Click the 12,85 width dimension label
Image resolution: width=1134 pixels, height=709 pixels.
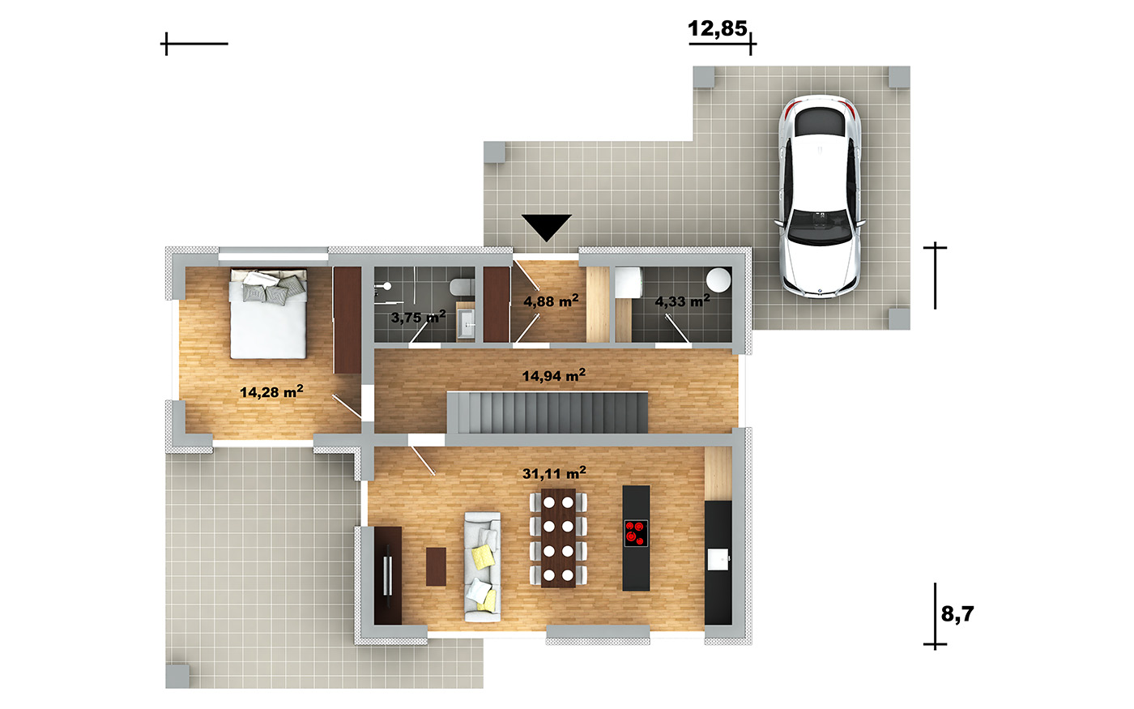(x=717, y=29)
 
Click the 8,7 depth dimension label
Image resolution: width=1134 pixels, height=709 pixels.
(x=957, y=614)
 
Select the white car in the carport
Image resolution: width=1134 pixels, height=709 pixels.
(x=820, y=195)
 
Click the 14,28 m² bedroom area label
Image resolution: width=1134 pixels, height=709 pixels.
(x=271, y=391)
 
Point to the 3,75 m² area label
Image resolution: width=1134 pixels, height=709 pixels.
(x=418, y=317)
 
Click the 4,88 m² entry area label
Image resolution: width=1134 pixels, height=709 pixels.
(x=551, y=301)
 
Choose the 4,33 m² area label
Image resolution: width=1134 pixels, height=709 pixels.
(x=682, y=301)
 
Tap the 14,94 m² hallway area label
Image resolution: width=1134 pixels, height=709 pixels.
(x=554, y=375)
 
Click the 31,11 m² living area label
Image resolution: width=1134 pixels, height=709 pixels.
(x=554, y=473)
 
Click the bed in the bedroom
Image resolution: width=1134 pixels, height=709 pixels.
(x=268, y=314)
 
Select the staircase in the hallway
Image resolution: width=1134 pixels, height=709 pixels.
(x=548, y=412)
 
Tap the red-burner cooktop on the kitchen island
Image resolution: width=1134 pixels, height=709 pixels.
(x=636, y=533)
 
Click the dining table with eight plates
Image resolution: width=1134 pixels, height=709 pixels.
(x=558, y=538)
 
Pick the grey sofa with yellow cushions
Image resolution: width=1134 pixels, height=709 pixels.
(x=483, y=566)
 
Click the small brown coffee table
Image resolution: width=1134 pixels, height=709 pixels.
(x=436, y=566)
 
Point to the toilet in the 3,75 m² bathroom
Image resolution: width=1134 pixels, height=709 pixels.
(x=461, y=286)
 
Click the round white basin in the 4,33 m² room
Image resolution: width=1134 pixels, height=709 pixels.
(x=718, y=280)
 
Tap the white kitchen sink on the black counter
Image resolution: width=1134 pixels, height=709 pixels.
(x=718, y=559)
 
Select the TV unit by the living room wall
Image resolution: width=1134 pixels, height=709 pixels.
(x=388, y=575)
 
